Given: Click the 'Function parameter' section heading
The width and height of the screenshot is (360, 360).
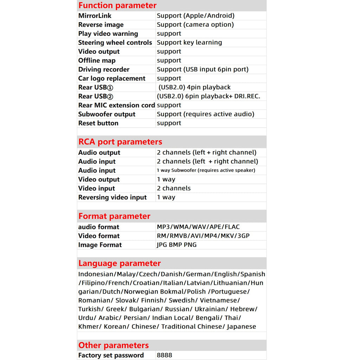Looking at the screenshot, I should pyautogui.click(x=117, y=6).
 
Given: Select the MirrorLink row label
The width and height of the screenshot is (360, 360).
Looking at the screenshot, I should pyautogui.click(x=95, y=16).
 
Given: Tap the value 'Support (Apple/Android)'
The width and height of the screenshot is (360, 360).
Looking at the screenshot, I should pyautogui.click(x=195, y=16).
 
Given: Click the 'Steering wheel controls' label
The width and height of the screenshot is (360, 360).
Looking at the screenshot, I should pyautogui.click(x=115, y=43).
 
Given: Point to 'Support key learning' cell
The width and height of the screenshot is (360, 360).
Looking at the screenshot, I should pyautogui.click(x=189, y=43).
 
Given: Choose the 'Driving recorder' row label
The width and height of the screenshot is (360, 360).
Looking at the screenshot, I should pyautogui.click(x=104, y=69).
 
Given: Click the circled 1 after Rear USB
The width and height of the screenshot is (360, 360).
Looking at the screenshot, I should pyautogui.click(x=110, y=88).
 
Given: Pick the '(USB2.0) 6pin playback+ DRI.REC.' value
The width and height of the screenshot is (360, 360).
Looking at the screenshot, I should pyautogui.click(x=208, y=96).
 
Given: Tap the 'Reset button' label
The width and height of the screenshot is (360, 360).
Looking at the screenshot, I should pyautogui.click(x=98, y=123).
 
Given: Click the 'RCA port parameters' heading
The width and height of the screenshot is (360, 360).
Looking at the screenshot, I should pyautogui.click(x=120, y=142).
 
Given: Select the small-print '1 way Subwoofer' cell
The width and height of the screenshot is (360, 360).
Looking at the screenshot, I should pyautogui.click(x=206, y=171).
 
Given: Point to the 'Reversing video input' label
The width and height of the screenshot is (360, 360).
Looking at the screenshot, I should pyautogui.click(x=112, y=197).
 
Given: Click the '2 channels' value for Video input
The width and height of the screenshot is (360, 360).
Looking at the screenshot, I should pyautogui.click(x=174, y=188).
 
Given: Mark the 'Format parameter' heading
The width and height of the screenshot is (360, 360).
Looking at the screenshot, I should pyautogui.click(x=114, y=216).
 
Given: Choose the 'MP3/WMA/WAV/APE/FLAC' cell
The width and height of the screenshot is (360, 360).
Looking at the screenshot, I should pyautogui.click(x=198, y=227).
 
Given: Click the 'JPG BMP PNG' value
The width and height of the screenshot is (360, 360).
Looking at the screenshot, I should pyautogui.click(x=176, y=245).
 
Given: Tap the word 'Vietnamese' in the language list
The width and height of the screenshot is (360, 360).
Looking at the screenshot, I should pyautogui.click(x=220, y=300).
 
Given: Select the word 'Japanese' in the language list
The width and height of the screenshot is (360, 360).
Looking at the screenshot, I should pyautogui.click(x=242, y=327).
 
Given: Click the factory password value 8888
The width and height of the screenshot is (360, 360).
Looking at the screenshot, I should pyautogui.click(x=165, y=355).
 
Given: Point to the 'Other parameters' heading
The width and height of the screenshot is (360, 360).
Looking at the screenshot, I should pyautogui.click(x=114, y=345).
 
